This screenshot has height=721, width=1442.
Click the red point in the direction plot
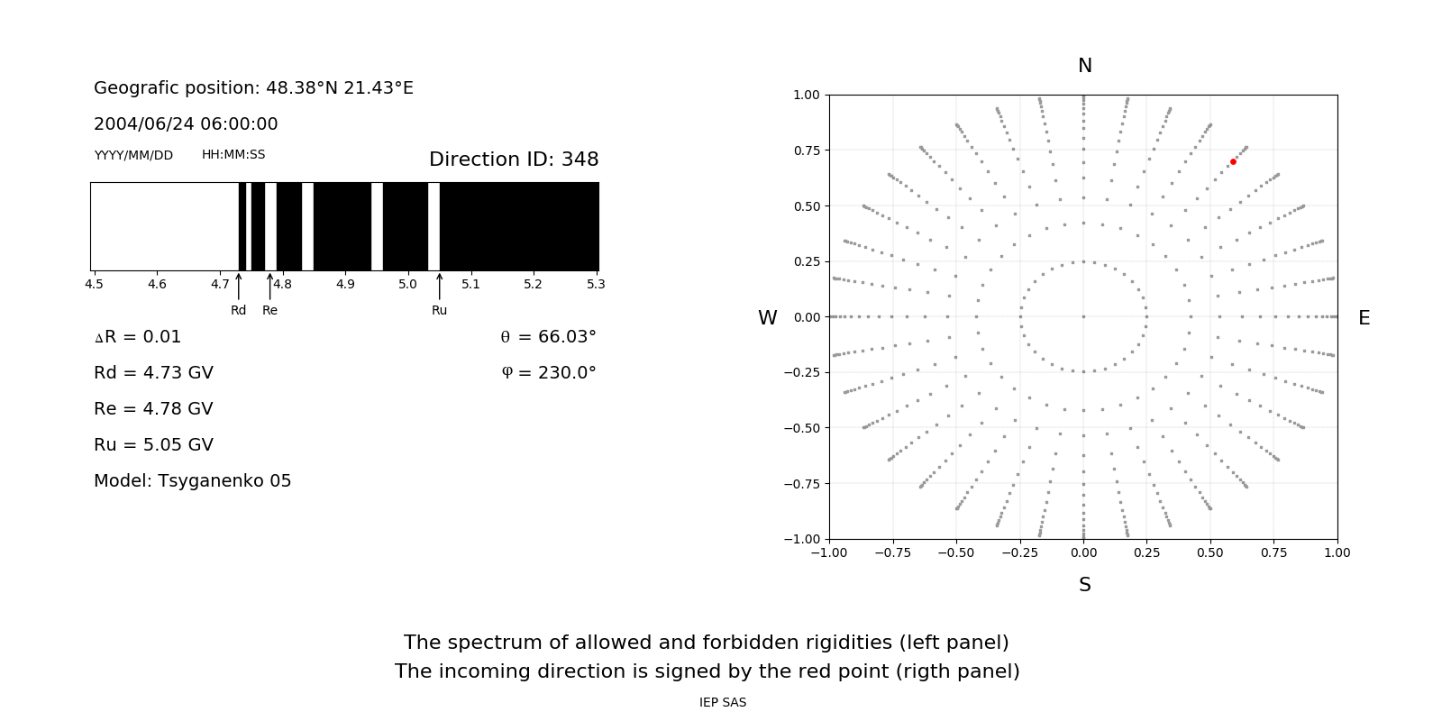pos(1233,162)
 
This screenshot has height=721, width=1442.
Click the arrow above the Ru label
pos(439,286)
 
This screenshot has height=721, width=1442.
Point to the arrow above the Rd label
pos(238,286)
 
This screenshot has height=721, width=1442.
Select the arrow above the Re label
pos(269,286)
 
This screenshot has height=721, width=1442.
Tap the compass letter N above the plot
pos(1084,66)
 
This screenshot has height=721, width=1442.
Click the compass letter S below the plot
pos(1084,585)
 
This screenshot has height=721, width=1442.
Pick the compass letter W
pos(767,318)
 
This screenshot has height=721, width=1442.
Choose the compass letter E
pos(1364,318)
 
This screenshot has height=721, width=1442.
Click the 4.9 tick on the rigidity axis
pos(345,284)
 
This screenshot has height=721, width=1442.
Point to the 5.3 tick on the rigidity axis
pos(596,284)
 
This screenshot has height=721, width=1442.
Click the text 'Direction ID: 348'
pos(514,160)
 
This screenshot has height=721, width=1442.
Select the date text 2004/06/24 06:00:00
pos(186,124)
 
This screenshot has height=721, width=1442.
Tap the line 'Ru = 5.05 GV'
pos(153,445)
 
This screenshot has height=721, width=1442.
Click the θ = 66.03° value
pos(548,337)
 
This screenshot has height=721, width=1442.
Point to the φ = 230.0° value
pos(549,373)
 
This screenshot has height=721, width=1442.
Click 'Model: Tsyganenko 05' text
pos(192,481)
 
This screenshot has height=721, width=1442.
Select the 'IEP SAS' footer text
pos(722,702)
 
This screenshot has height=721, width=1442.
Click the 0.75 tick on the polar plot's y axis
pos(806,151)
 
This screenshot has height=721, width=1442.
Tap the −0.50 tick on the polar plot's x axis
pos(955,552)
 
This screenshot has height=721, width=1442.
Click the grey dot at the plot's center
pos(1083,316)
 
